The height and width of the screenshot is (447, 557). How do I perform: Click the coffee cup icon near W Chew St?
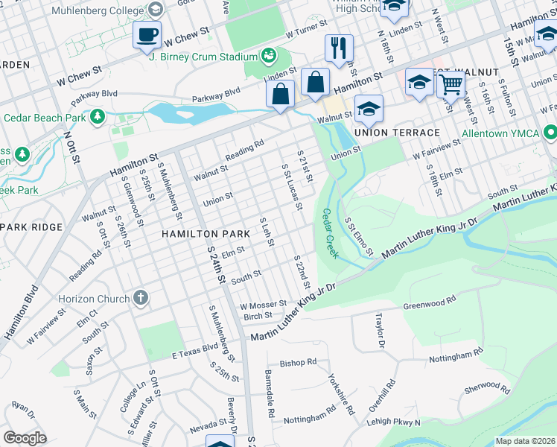[146, 34]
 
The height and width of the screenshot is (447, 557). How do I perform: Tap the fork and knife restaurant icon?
[339, 48]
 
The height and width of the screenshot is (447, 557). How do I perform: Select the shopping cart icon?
[451, 84]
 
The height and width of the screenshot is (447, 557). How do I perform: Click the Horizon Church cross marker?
[141, 298]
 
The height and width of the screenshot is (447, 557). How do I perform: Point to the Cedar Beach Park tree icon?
[97, 117]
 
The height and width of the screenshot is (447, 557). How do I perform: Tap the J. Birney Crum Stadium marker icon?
[267, 56]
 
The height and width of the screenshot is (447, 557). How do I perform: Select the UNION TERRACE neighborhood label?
[397, 133]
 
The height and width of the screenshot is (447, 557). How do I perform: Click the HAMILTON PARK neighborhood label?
[206, 234]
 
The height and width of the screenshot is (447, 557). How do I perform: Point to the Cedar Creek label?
[330, 233]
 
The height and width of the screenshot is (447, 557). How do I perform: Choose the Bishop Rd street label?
[298, 363]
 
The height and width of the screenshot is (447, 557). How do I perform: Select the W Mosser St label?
[263, 305]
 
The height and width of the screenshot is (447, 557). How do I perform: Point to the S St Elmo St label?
[358, 236]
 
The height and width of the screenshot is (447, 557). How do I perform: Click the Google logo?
[25, 437]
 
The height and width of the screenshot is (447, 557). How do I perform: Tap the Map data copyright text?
[524, 441]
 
